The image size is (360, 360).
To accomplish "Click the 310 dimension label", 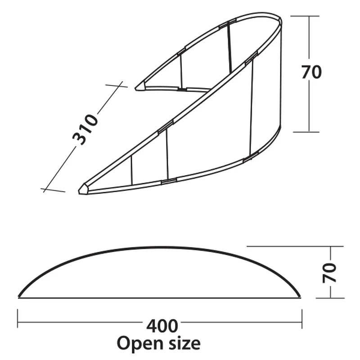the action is point(85,130).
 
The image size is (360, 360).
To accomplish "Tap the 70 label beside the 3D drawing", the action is point(311,72).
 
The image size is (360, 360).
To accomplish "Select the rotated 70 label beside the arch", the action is point(329,273).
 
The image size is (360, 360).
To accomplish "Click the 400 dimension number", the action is point(162,326).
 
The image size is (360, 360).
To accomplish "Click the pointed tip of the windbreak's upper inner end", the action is point(135,89).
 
